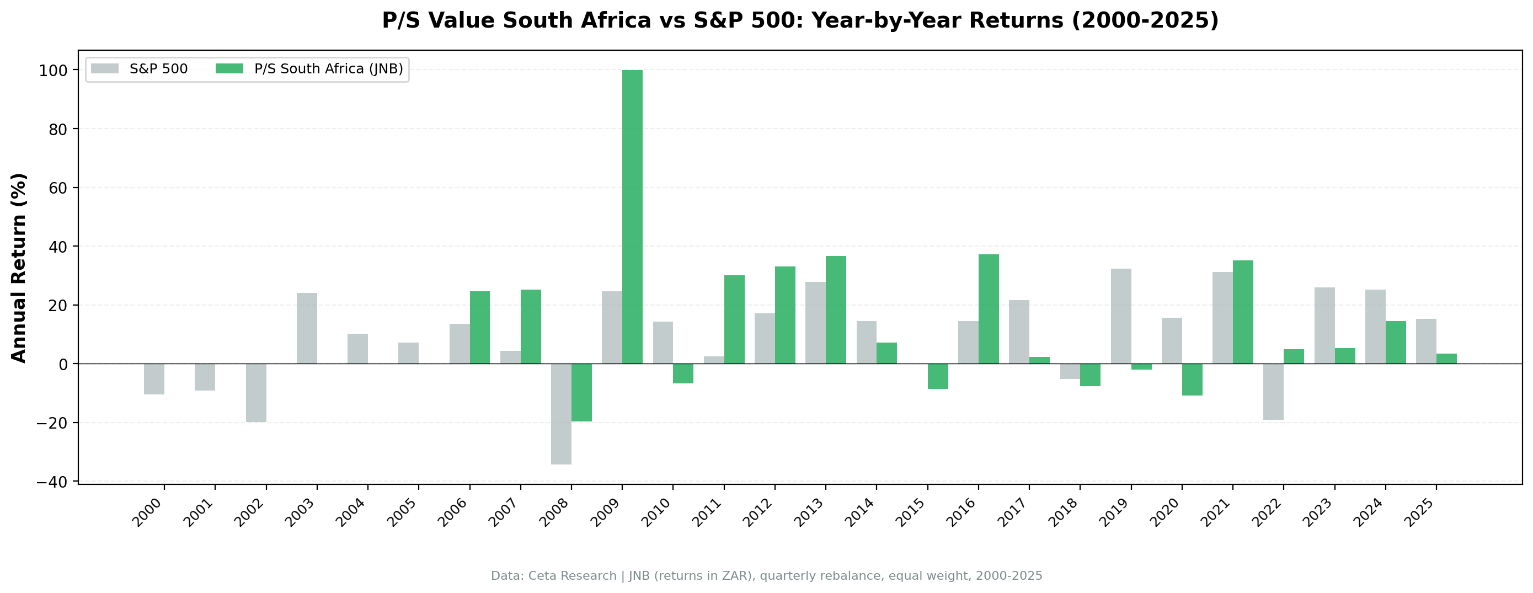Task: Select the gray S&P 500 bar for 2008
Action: (x=560, y=414)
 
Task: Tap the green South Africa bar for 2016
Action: (x=989, y=309)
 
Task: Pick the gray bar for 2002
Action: (x=256, y=393)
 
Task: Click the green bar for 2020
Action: (x=1192, y=380)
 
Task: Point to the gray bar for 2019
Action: (x=1120, y=316)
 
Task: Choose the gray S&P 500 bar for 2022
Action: (x=1273, y=392)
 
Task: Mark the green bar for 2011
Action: (x=734, y=319)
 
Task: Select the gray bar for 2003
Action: (x=307, y=328)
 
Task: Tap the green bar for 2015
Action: (x=938, y=376)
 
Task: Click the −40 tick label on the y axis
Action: (x=52, y=482)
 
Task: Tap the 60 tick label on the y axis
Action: (x=59, y=188)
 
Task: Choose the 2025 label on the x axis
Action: (x=1420, y=512)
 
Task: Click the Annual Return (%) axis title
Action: (x=19, y=268)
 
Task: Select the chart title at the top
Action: (x=800, y=21)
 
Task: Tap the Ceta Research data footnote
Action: (x=767, y=576)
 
